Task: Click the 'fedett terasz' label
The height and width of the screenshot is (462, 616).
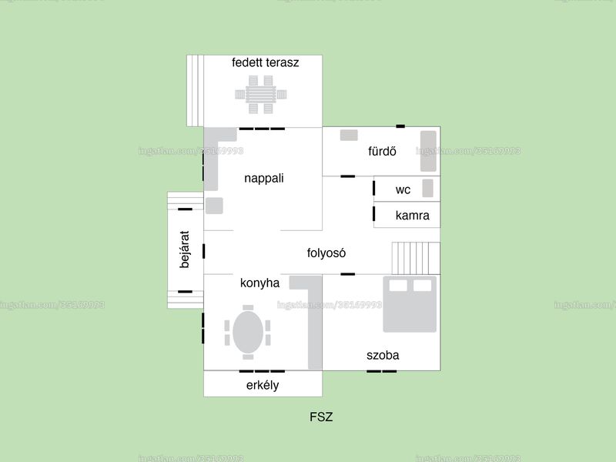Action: click(265, 62)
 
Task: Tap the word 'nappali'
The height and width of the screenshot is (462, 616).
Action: click(264, 179)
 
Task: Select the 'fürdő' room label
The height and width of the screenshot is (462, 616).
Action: click(382, 151)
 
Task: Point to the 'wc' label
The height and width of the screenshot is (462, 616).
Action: click(403, 189)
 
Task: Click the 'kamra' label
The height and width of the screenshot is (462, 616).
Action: click(413, 216)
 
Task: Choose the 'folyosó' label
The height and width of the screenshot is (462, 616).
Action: click(326, 253)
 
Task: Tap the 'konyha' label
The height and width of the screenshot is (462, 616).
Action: click(259, 283)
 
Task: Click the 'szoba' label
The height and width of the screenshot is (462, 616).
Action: click(383, 355)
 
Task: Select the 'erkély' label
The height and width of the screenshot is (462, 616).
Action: click(263, 385)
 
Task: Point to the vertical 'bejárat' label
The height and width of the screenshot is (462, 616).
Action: click(185, 249)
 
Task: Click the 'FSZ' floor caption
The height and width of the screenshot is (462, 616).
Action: click(321, 417)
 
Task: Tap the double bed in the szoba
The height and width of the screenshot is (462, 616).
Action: click(410, 304)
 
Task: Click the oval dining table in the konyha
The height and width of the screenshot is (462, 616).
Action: click(248, 332)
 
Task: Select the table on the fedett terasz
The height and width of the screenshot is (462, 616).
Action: click(261, 95)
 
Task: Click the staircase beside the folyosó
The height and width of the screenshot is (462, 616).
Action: click(416, 258)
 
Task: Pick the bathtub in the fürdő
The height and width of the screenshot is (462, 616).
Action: click(429, 151)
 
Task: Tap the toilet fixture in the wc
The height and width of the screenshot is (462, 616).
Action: click(428, 188)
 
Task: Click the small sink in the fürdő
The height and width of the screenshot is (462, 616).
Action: click(349, 136)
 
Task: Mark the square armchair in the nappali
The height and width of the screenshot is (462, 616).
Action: click(214, 206)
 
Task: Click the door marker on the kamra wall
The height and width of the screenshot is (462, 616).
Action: click(373, 214)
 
